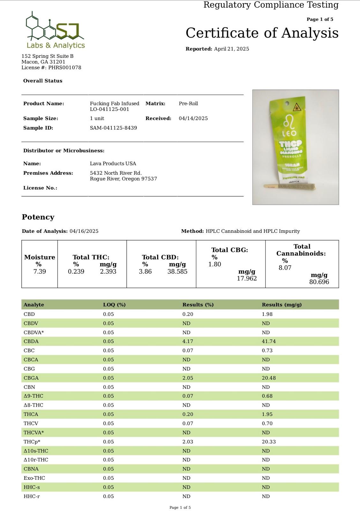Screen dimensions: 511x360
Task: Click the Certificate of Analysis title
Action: [262, 33]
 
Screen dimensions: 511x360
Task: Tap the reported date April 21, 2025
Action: [231, 49]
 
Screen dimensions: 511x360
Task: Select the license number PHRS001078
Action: [64, 68]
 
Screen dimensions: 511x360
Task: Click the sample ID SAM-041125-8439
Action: [113, 128]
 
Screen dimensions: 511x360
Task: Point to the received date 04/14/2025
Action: [193, 118]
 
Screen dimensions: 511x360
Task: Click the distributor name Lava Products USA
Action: [113, 164]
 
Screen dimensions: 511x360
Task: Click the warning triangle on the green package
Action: [297, 107]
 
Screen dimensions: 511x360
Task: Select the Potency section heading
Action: [38, 217]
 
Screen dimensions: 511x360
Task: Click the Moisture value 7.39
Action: [40, 271]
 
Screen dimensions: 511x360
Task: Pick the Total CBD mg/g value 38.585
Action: [177, 271]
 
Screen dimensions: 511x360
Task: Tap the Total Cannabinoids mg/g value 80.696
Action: [319, 282]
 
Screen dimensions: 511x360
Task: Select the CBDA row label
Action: [31, 341]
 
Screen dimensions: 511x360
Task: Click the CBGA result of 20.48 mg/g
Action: [269, 378]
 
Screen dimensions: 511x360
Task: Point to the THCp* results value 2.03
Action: [188, 442]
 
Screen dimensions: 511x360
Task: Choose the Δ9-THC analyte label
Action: [33, 396]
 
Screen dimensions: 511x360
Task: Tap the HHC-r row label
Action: [32, 496]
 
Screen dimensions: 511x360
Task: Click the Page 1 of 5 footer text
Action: [180, 507]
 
